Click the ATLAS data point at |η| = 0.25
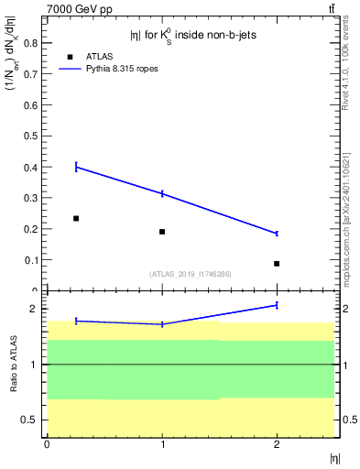coord(76,218)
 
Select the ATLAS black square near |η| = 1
coord(162,232)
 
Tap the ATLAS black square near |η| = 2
coord(277,264)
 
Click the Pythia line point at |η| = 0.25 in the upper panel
coord(76,167)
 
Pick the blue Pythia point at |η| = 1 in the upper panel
coord(162,193)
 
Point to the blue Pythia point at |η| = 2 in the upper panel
coord(277,234)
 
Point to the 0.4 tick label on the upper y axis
coord(31,168)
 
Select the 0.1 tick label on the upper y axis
coord(31,261)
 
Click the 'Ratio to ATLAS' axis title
coord(14,364)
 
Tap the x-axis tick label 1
coord(162,444)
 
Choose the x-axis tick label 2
coord(277,444)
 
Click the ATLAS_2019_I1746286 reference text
coord(191,274)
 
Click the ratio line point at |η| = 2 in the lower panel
coord(277,305)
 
